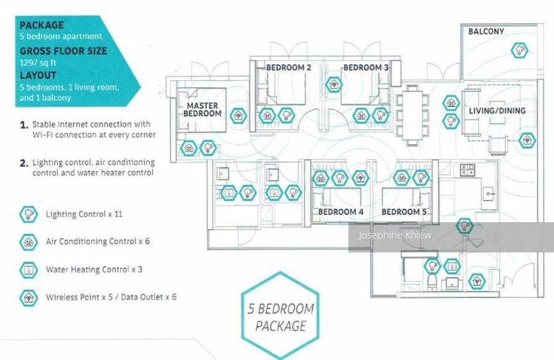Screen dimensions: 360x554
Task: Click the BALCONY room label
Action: coord(486,31)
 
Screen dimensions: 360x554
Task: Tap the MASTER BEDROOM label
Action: coord(203,110)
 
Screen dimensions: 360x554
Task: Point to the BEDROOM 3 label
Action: coord(366,68)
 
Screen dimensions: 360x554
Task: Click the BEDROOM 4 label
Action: coord(340,212)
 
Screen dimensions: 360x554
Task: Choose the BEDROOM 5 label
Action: coord(404,212)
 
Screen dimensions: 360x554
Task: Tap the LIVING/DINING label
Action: coord(497,111)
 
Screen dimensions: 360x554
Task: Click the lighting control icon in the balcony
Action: coord(520,49)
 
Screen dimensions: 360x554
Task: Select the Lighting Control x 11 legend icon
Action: coord(28,214)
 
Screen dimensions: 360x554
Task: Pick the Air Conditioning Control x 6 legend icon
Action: coord(28,242)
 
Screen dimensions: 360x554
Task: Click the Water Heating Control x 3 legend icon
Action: coord(28,270)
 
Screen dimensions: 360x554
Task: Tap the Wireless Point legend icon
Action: coord(28,297)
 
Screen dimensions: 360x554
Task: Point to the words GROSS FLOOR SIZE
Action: coord(63,51)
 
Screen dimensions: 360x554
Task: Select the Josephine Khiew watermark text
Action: coord(391,236)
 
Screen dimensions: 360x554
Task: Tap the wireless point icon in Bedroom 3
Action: coord(333,84)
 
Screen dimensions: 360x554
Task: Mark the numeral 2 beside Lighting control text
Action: coord(24,164)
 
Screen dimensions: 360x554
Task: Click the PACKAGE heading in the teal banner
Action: coord(41,25)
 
